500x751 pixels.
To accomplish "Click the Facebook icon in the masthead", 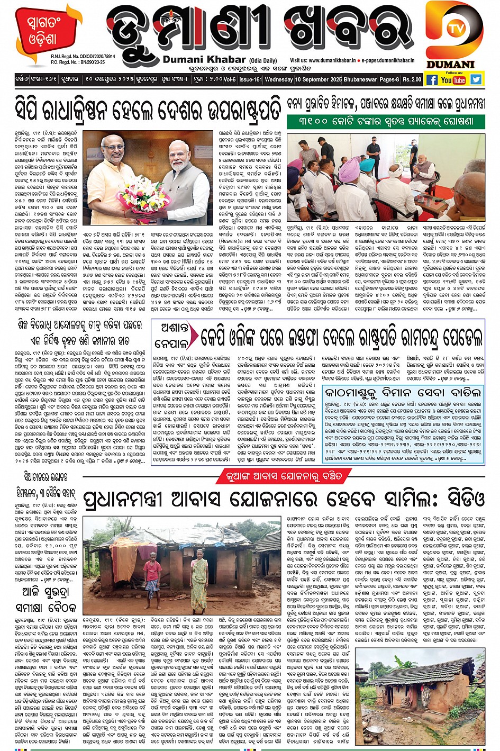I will (x=432, y=80).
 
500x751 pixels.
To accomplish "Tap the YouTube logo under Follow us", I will (x=453, y=80).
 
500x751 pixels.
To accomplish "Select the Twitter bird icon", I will (x=476, y=79).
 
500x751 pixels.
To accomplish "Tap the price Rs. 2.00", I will (x=412, y=79).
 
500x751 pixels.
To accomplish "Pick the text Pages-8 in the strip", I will (x=389, y=79).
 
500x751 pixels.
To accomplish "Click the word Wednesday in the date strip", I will (x=279, y=79).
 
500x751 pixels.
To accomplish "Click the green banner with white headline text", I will (x=387, y=121).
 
